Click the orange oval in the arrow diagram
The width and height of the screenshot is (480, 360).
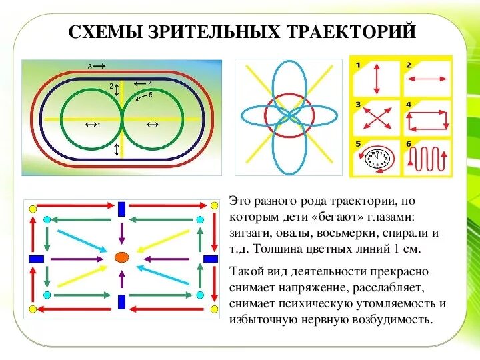(121, 257)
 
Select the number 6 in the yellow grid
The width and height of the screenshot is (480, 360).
(408, 143)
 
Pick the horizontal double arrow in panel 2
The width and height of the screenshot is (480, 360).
(426, 79)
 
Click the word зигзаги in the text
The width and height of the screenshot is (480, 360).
(250, 233)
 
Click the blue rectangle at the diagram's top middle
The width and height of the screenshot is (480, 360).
(121, 209)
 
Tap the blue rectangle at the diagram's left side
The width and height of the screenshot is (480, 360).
(36, 258)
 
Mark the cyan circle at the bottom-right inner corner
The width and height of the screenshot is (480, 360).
(198, 294)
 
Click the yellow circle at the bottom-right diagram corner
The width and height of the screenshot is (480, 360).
(214, 309)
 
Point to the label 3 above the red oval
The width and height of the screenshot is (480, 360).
(90, 65)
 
